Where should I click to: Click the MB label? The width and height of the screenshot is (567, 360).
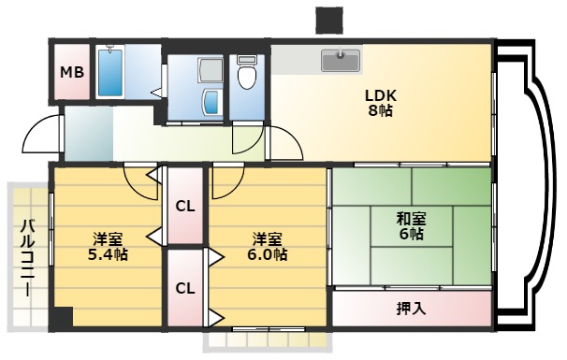(70, 72)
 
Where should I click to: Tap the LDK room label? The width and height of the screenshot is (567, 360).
(381, 94)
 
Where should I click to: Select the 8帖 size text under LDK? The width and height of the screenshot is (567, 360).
(381, 111)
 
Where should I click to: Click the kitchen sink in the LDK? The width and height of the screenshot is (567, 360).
(341, 60)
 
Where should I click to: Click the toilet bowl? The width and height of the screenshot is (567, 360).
(247, 74)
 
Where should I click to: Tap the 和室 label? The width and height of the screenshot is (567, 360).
(412, 219)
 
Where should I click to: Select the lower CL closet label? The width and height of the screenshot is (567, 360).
(185, 288)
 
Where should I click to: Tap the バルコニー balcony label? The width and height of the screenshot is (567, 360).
(27, 256)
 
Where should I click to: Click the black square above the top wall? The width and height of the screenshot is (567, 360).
(328, 20)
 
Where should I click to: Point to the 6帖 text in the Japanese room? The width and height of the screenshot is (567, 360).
(412, 235)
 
